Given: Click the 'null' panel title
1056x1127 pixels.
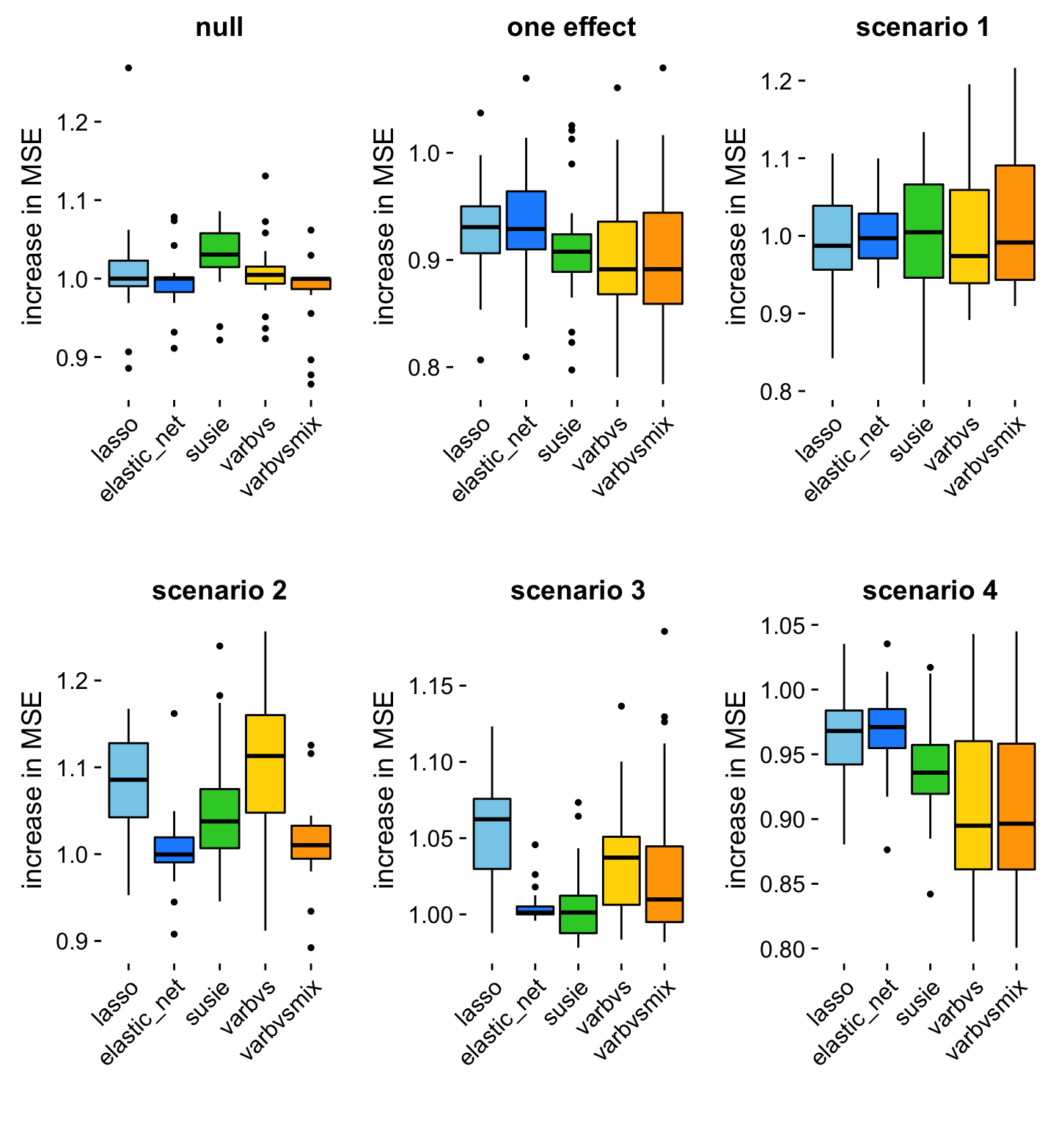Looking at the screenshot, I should [x=219, y=28].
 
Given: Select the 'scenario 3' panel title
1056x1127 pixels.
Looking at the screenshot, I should [x=578, y=591].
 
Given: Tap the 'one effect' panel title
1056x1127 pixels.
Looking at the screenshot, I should [x=571, y=28].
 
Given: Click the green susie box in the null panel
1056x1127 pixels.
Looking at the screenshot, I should [x=219, y=250].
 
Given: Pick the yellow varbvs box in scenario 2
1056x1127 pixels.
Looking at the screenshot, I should [x=265, y=763].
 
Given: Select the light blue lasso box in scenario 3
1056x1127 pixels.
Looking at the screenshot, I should [x=492, y=834].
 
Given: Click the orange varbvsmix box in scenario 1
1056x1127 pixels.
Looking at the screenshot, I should [x=1015, y=222].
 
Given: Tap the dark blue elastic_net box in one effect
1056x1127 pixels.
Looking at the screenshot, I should [x=526, y=220].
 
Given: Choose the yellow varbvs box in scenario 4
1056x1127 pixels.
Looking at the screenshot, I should [x=973, y=805].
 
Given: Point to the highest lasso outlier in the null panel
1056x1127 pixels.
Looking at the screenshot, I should [x=128, y=68].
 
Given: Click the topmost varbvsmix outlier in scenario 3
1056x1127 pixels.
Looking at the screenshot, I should [x=664, y=631].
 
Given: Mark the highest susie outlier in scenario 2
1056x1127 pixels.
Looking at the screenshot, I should [x=219, y=646].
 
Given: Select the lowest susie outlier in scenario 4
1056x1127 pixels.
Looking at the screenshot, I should [x=931, y=894].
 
